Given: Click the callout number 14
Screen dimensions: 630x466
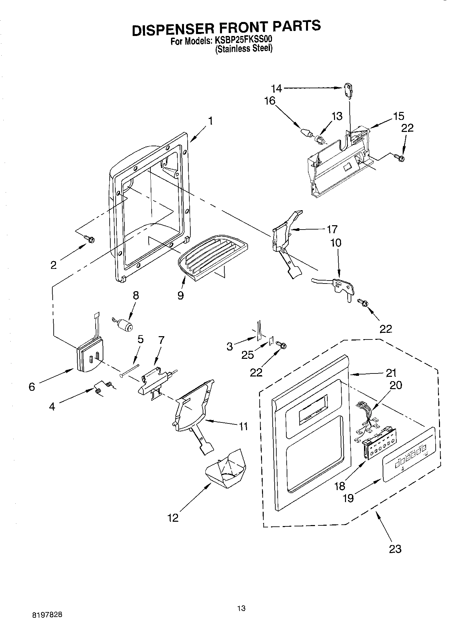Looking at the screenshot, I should tap(276, 89).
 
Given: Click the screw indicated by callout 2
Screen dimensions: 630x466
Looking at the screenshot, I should tap(90, 239).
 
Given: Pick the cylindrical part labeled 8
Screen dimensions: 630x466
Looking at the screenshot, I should tap(125, 325).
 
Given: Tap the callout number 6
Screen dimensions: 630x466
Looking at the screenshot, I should tap(32, 387).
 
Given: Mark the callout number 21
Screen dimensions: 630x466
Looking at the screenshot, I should tap(390, 372).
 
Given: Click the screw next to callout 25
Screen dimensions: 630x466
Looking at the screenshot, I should tap(281, 346).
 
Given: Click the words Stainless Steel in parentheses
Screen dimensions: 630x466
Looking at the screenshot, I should tap(244, 49).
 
